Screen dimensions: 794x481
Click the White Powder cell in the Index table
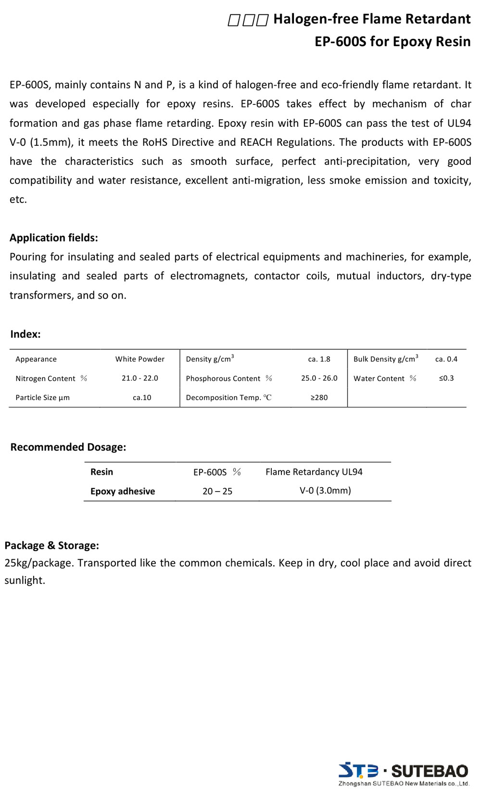[140, 359]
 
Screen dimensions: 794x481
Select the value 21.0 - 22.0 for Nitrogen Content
[140, 378]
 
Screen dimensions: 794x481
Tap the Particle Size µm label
[42, 398]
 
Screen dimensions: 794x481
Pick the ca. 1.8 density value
[319, 359]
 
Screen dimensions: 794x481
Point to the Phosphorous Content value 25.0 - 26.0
[319, 378]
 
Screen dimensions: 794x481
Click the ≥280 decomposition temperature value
[319, 398]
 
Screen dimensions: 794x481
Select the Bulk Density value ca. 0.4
[446, 359]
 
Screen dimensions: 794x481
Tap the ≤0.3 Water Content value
[446, 378]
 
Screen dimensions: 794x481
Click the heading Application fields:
[54, 238]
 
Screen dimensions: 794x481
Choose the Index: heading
[25, 334]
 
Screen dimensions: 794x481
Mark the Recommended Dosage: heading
[68, 447]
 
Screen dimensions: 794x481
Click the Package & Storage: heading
[52, 545]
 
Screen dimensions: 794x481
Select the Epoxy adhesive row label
[123, 491]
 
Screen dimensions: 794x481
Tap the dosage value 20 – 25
[217, 491]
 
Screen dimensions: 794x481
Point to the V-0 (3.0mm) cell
[325, 491]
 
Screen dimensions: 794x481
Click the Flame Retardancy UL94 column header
[314, 472]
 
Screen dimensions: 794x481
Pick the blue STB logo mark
[358, 770]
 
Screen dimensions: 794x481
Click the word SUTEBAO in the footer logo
[430, 771]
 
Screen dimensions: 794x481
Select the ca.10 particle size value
[142, 398]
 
